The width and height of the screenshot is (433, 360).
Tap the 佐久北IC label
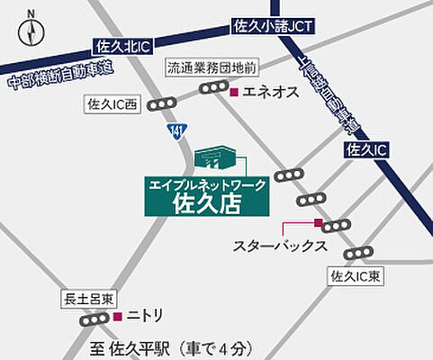(120, 44)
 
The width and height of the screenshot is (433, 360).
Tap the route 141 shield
(176, 132)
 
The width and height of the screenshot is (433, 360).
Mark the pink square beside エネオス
(234, 91)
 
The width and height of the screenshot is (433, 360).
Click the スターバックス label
(274, 246)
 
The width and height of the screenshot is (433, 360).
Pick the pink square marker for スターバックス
(318, 221)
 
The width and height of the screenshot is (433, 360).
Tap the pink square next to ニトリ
(118, 317)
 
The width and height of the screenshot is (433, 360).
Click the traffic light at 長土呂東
(94, 319)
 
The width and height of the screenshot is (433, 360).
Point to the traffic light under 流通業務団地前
(214, 87)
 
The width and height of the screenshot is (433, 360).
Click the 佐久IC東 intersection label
(357, 275)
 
